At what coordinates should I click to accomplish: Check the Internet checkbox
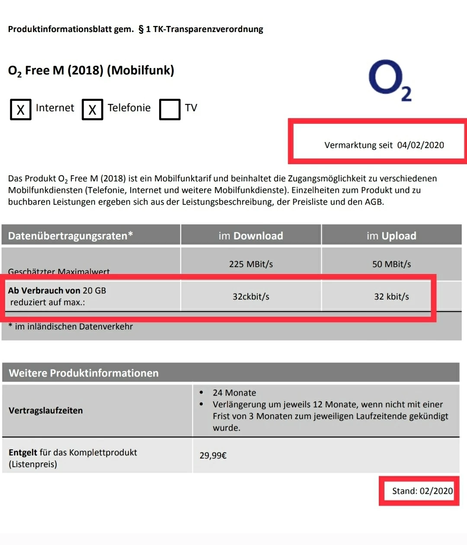(x=21, y=110)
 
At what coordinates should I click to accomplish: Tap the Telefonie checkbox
(x=93, y=110)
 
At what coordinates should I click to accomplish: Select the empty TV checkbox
(x=170, y=110)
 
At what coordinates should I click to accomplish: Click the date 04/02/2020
(x=420, y=145)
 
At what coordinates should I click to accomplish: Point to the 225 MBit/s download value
(x=251, y=264)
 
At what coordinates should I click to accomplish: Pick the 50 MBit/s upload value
(x=391, y=264)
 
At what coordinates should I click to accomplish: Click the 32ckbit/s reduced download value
(x=251, y=297)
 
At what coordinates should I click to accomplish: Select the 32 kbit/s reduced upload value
(x=391, y=297)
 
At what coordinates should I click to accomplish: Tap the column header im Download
(x=251, y=236)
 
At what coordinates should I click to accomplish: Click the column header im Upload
(x=391, y=236)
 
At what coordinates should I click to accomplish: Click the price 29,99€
(x=213, y=455)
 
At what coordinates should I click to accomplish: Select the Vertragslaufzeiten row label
(x=46, y=410)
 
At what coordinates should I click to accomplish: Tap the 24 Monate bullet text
(x=234, y=393)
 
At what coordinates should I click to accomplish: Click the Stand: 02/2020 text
(x=422, y=491)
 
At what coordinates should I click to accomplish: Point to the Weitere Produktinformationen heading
(x=84, y=373)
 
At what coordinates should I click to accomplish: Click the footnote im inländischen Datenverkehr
(x=74, y=326)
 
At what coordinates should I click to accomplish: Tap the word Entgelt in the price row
(x=23, y=452)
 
